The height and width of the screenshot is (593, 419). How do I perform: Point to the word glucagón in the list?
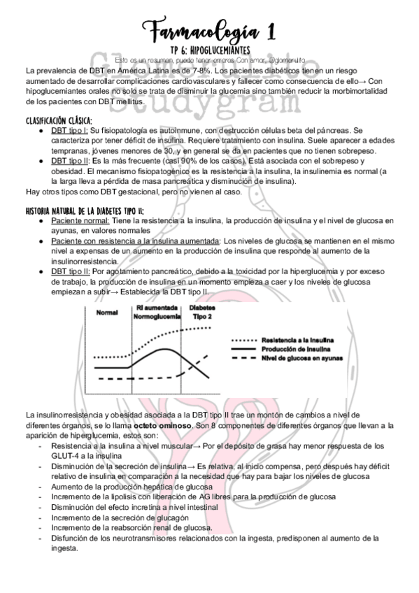point(170,517)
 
